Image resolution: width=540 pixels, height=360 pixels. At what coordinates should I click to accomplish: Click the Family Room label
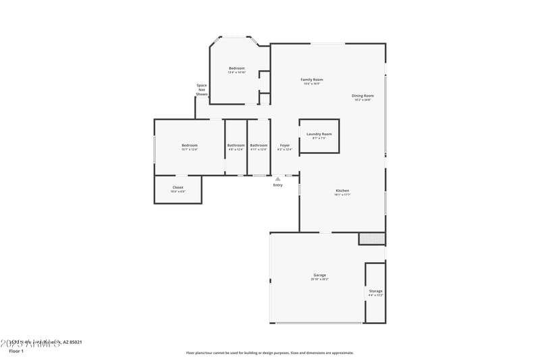(311, 80)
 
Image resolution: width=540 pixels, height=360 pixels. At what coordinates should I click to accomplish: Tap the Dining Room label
(362, 96)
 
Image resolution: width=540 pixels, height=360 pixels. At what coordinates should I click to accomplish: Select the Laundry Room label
(319, 134)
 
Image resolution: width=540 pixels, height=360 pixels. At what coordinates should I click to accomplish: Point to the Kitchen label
(342, 191)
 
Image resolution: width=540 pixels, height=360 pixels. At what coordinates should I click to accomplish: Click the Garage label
(319, 275)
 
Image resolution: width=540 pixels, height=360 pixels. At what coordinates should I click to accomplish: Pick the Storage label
(375, 291)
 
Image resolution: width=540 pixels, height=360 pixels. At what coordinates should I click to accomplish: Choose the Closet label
(178, 187)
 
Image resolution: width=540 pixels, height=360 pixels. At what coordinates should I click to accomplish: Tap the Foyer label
(285, 145)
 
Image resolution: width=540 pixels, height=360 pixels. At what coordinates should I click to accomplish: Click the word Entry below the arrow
(277, 185)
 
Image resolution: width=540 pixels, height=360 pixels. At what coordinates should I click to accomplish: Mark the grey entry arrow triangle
(277, 179)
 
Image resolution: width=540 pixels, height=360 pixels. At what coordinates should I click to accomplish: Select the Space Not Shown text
(201, 90)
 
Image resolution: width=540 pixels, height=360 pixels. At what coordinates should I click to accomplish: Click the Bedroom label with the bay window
(236, 68)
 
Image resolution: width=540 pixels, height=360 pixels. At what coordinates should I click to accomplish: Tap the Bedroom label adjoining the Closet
(189, 145)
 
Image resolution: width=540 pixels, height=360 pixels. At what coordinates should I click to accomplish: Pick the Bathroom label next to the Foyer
(259, 145)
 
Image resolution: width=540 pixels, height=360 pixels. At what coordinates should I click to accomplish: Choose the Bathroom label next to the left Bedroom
(236, 145)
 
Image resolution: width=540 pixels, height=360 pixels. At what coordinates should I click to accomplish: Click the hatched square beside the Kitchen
(371, 238)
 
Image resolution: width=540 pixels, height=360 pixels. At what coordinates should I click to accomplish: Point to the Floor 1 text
(16, 351)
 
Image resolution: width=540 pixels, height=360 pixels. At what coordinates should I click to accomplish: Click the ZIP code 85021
(74, 342)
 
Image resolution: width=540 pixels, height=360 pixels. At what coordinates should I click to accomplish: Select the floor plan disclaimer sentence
(269, 353)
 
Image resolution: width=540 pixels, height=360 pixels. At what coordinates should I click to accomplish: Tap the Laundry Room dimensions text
(319, 138)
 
